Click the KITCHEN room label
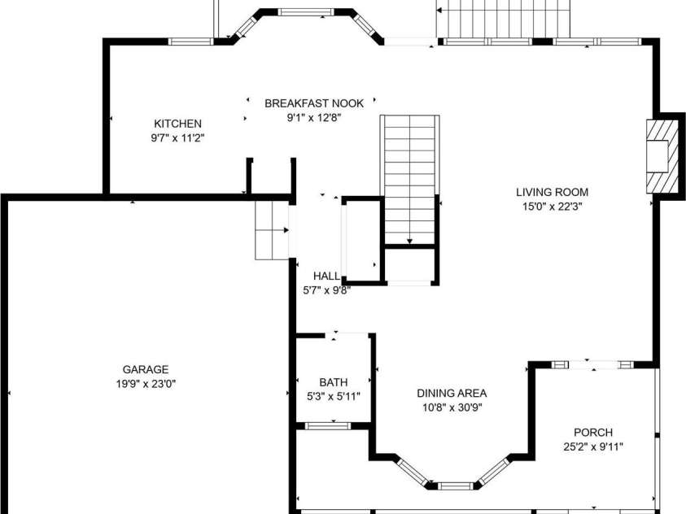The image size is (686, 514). point(177,124)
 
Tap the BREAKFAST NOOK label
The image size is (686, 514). point(313,103)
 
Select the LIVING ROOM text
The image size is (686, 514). point(552,193)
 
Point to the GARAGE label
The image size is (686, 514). point(146,369)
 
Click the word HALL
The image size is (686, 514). point(326,276)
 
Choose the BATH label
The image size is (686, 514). point(332,382)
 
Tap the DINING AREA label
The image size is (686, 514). point(452,393)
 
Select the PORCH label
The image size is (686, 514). point(592,433)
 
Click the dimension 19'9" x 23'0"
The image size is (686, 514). point(146,383)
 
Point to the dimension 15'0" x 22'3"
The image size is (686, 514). point(552,207)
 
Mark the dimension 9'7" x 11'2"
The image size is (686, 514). point(177,137)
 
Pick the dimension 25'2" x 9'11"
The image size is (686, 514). point(592,446)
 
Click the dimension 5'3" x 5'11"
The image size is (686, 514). point(332,396)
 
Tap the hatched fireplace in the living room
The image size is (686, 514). point(661,156)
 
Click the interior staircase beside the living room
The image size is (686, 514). point(409,179)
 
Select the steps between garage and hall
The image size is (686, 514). point(271,230)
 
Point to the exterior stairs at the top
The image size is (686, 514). point(505,18)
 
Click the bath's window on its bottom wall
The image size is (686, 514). point(328,425)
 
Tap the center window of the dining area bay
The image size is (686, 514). point(455,486)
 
